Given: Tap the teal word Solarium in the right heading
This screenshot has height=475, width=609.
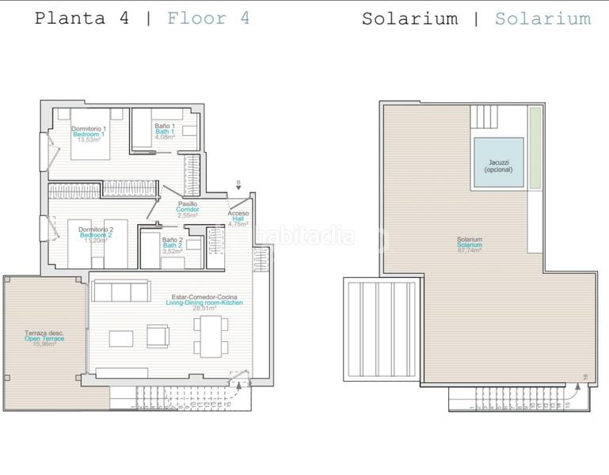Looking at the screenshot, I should pyautogui.click(x=542, y=18).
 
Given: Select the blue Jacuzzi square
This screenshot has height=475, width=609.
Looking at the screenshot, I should pyautogui.click(x=499, y=163).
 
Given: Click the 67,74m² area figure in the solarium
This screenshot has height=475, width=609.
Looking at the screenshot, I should pyautogui.click(x=470, y=251).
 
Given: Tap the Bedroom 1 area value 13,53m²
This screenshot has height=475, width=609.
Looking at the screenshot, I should pyautogui.click(x=89, y=140).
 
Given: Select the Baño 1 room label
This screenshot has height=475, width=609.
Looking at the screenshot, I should pyautogui.click(x=164, y=126).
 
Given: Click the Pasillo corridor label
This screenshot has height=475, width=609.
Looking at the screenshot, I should pyautogui.click(x=188, y=204).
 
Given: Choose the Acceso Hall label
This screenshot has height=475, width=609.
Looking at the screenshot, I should pyautogui.click(x=238, y=214).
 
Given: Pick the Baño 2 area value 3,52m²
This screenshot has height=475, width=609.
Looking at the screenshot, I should pyautogui.click(x=173, y=251).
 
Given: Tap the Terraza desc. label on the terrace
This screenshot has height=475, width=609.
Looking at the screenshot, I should pyautogui.click(x=44, y=333).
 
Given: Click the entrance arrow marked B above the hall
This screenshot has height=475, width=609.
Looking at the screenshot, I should pyautogui.click(x=238, y=187).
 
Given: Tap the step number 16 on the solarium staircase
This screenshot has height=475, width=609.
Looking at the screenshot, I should pyautogui.click(x=584, y=376).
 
